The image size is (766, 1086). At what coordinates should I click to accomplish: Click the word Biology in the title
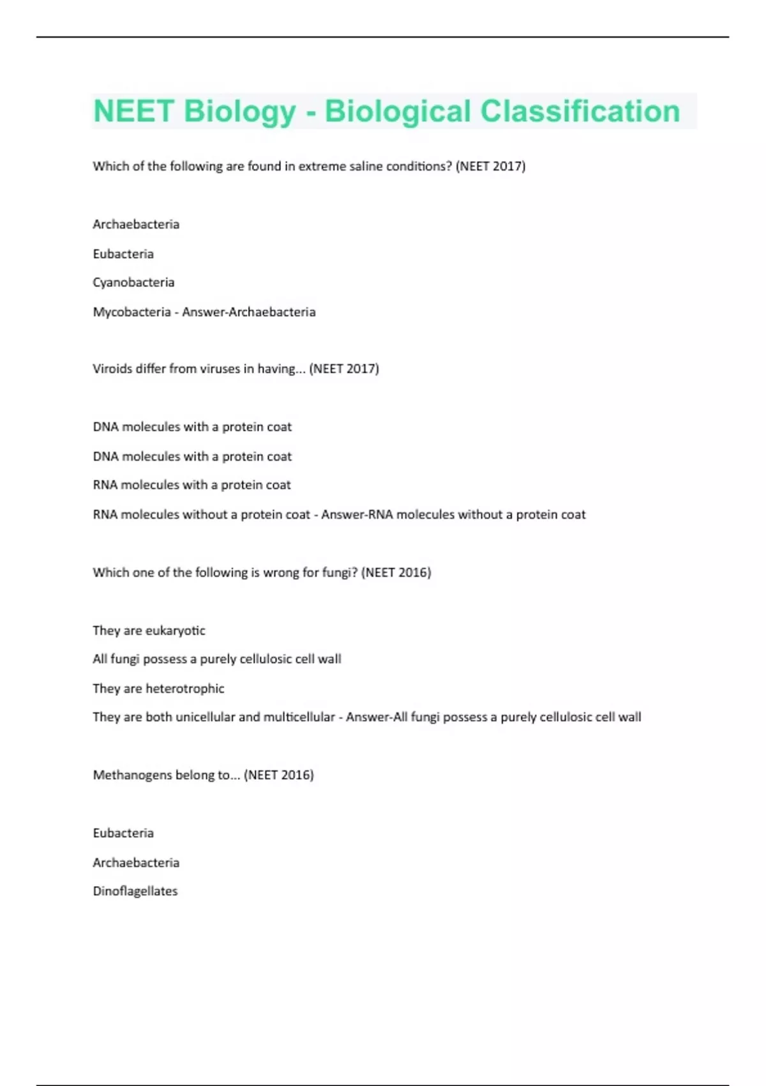point(239,112)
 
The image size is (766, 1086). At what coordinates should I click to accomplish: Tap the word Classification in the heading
point(580,111)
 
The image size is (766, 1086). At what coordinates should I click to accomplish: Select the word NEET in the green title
point(133,111)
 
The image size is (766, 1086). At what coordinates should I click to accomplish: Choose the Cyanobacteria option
point(133,282)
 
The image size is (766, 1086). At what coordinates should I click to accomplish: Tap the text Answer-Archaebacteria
point(249,312)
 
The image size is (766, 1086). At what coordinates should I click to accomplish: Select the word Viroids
point(112,369)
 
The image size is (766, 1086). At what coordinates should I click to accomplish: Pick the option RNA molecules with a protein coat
point(191,485)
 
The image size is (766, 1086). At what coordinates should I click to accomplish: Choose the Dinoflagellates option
point(135,891)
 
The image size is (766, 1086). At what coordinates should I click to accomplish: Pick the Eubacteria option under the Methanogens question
point(123,833)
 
